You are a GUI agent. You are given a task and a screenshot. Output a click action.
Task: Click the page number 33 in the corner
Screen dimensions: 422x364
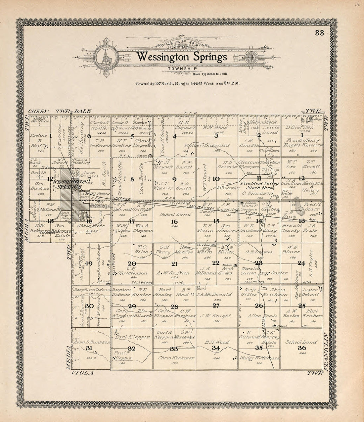tap(319, 32)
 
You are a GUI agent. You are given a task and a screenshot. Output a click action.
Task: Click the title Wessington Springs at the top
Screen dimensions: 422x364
tap(182, 57)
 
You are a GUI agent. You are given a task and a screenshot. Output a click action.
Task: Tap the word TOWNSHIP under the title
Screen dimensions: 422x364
tap(182, 69)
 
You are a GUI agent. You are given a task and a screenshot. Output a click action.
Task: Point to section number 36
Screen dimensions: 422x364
tap(302, 348)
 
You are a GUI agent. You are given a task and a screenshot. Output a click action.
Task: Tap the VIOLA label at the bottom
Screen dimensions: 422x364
tap(81, 373)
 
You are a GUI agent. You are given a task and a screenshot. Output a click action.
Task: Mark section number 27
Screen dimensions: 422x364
tap(216, 305)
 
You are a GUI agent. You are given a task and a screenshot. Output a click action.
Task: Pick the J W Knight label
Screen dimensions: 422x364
tap(217, 316)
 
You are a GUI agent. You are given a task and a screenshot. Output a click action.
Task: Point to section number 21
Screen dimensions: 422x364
tap(174, 264)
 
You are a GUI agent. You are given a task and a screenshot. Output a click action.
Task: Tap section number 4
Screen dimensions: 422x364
tap(174, 136)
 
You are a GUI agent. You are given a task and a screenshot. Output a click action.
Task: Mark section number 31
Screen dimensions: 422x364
tap(89, 348)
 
